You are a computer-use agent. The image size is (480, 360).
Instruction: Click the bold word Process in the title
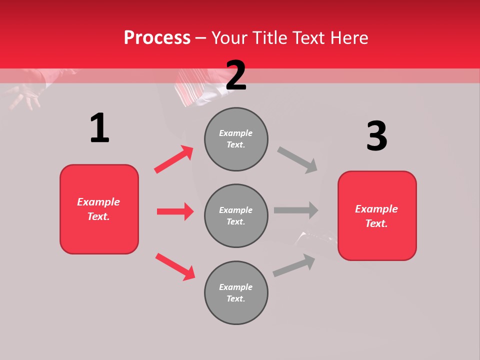(x=157, y=37)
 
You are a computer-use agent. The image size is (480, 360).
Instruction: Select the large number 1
(x=99, y=128)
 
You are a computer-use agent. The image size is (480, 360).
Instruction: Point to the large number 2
(x=236, y=75)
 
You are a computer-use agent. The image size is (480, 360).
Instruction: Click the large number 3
(x=376, y=136)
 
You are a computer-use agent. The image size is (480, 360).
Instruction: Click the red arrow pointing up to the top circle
(x=174, y=159)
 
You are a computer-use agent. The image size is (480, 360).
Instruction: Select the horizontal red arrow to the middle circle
(x=175, y=211)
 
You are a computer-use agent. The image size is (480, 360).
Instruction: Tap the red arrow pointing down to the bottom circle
(x=175, y=266)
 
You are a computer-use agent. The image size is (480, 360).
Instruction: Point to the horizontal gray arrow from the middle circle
(x=296, y=210)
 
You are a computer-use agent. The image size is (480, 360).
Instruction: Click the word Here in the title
(x=350, y=37)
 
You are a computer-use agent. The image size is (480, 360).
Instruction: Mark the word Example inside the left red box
(x=98, y=202)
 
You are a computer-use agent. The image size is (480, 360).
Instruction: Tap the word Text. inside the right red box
(x=376, y=223)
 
